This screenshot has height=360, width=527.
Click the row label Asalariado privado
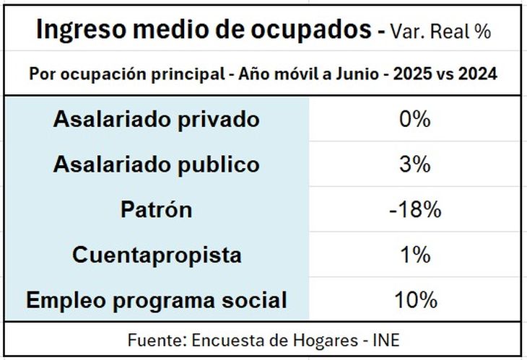pyautogui.click(x=156, y=119)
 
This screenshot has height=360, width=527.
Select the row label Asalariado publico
pyautogui.click(x=156, y=164)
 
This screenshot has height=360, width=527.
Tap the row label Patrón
pyautogui.click(x=156, y=210)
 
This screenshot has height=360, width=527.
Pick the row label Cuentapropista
pyautogui.click(x=156, y=255)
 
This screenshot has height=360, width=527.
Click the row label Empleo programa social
pyautogui.click(x=156, y=300)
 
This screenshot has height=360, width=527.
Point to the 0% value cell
pyautogui.click(x=414, y=119)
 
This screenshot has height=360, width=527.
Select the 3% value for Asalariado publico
pyautogui.click(x=414, y=164)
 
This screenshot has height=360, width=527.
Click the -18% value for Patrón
pyautogui.click(x=414, y=210)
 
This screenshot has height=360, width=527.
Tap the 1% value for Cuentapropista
pyautogui.click(x=414, y=255)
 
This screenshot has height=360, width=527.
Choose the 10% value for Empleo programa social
pyautogui.click(x=414, y=300)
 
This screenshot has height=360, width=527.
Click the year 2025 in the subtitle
pyautogui.click(x=417, y=75)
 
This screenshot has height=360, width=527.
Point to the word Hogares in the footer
pyautogui.click(x=323, y=340)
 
